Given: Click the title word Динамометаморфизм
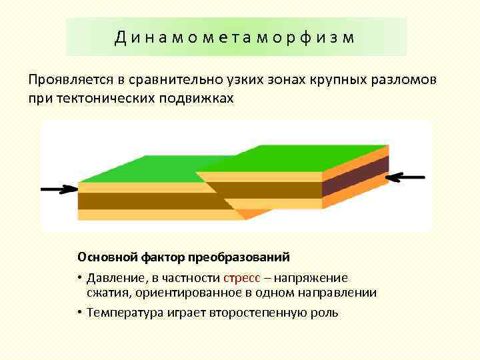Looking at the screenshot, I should click(235, 37).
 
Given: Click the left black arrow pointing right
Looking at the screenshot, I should click(59, 189).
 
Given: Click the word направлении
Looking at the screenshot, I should click(335, 293).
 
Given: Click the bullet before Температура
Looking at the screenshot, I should click(79, 312).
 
